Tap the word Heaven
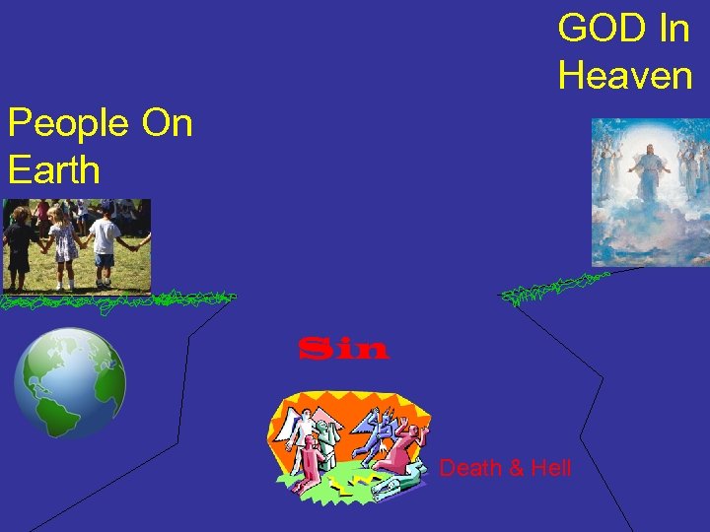[x=624, y=75]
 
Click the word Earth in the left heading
[x=54, y=169]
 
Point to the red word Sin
[x=343, y=349]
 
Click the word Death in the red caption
[x=469, y=468]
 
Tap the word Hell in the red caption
[x=550, y=468]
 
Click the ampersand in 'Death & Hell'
[x=514, y=468]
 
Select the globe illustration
[x=70, y=382]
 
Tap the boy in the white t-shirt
[x=106, y=241]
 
